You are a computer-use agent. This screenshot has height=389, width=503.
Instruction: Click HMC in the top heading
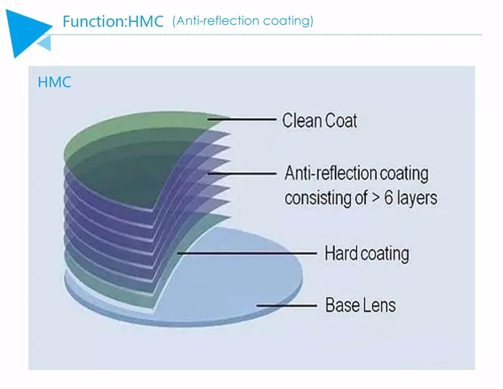tap(146, 22)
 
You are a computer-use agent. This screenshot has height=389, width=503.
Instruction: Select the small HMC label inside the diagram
tap(54, 83)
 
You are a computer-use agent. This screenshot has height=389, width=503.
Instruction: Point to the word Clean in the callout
tap(301, 120)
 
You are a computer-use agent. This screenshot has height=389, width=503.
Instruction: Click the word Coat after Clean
tap(340, 120)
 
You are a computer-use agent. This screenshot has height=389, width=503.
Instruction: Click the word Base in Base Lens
tap(343, 305)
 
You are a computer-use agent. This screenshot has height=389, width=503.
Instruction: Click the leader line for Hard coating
tap(246, 253)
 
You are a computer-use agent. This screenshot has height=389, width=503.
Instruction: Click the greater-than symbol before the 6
tap(373, 198)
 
